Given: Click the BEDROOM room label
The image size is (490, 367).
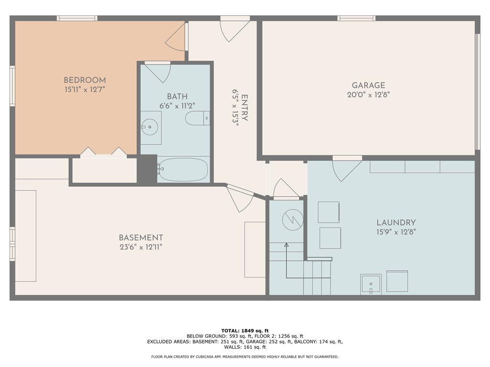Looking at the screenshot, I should pos(85,80).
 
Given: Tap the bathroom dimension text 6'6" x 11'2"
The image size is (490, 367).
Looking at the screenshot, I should pos(177,106).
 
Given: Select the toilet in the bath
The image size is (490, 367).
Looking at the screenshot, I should pos(197,118).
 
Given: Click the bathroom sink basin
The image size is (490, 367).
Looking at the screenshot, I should pos(151,128).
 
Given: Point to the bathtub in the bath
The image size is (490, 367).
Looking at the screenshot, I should pos(183,170).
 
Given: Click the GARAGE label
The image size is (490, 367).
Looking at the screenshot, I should pos(368,86).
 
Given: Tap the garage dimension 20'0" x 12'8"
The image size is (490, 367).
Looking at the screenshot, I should pos(368,95).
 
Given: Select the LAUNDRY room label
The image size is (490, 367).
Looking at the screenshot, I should pos(396,223).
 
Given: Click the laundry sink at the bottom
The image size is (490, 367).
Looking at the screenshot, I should pos(371,284).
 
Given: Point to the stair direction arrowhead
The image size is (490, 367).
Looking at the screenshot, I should pos(287,245).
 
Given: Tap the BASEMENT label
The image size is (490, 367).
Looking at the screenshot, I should pos(141,238).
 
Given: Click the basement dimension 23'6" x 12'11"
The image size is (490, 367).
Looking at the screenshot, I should pos(141,247).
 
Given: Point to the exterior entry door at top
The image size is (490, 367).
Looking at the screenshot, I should pos(234,29).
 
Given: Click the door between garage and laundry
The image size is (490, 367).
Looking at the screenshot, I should pos(346,168).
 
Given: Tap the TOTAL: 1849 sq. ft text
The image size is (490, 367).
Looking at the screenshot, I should pos(245,331).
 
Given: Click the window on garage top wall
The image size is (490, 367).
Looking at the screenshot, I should pos(356,18).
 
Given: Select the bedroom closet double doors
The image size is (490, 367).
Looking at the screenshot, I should pos(103,152).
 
